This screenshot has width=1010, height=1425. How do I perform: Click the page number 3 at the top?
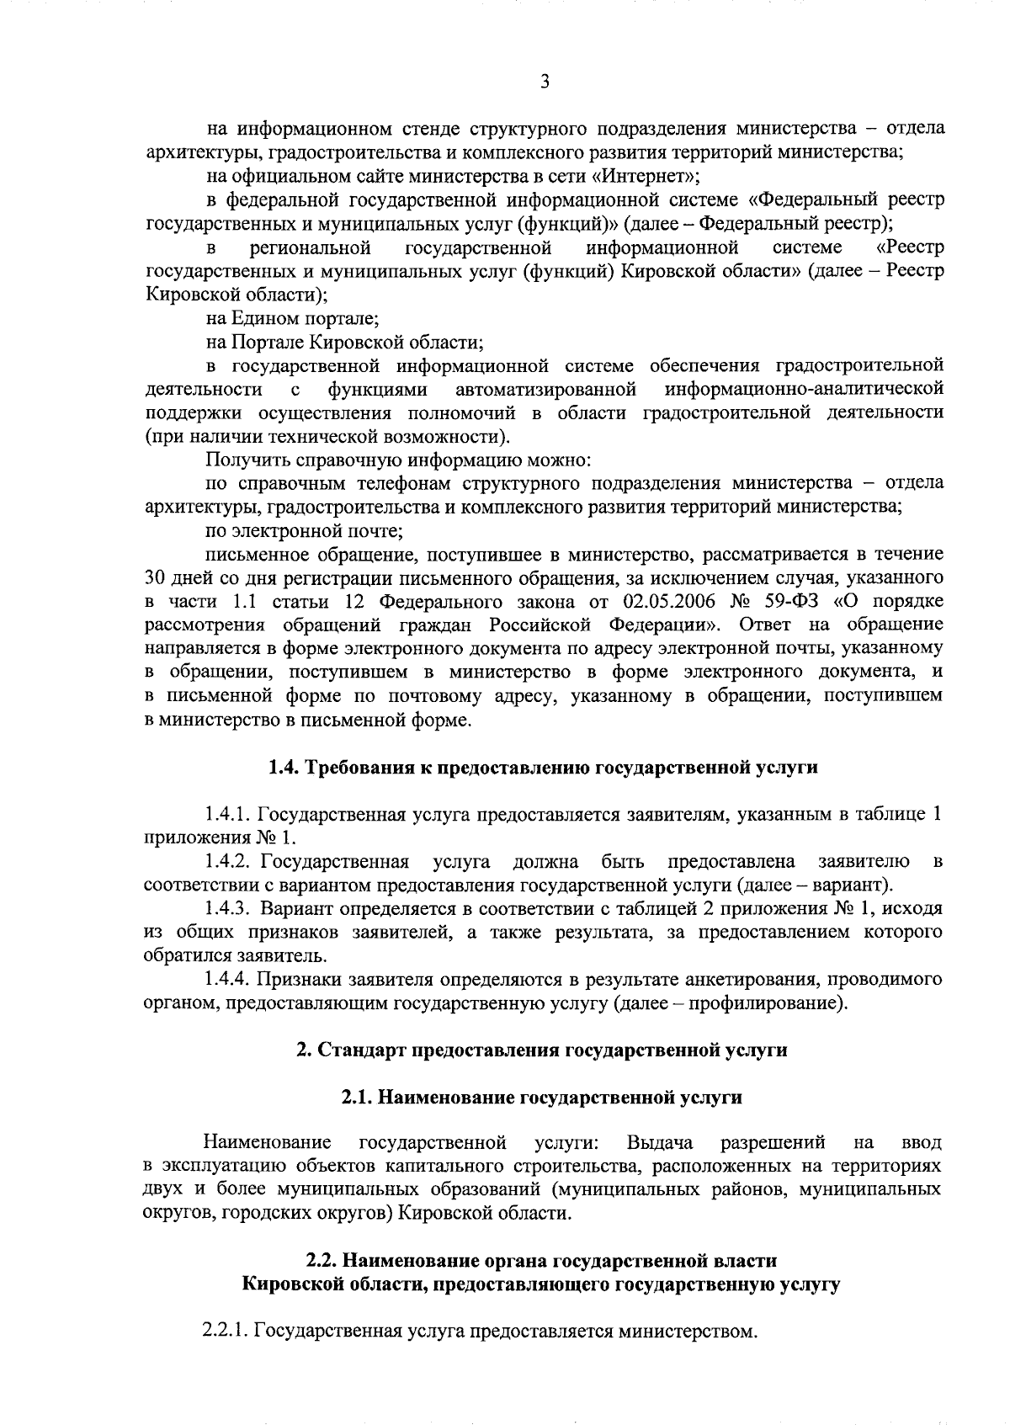(x=545, y=82)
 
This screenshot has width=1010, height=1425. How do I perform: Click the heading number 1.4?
(x=283, y=768)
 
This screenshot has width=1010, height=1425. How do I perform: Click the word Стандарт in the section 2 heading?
(x=359, y=1050)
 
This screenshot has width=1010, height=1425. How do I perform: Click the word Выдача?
(x=660, y=1143)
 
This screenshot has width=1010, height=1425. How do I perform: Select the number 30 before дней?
(x=156, y=578)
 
